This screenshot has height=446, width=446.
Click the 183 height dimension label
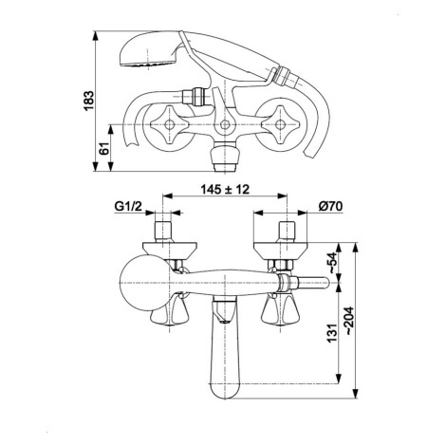[x=89, y=101]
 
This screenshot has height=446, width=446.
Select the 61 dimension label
[x=104, y=148]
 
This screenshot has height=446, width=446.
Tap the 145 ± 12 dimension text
[x=225, y=190]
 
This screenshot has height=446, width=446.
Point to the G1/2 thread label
[x=128, y=207]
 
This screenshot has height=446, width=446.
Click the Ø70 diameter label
[x=330, y=206]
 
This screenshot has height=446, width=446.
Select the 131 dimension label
[x=331, y=333]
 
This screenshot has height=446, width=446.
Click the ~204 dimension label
[x=349, y=321]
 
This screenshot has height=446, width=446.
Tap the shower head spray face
[x=147, y=65]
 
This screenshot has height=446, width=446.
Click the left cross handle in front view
[x=169, y=124]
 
